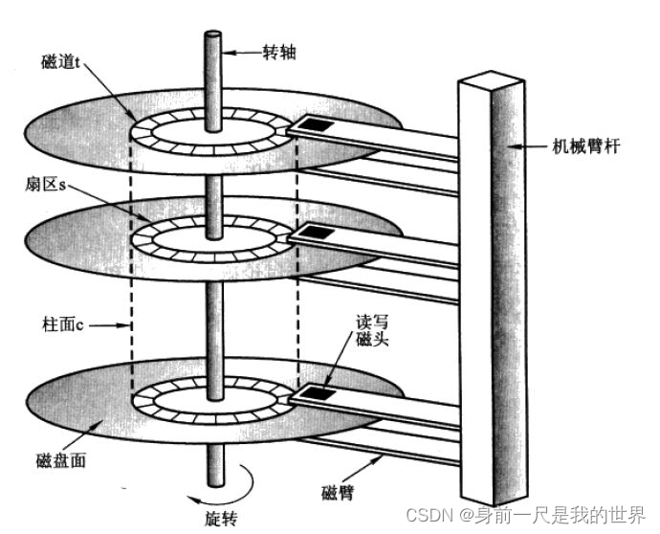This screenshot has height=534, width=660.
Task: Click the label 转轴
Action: [x=279, y=52]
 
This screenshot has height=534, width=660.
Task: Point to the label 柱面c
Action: [x=63, y=325]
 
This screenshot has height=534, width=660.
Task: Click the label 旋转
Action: [x=221, y=518]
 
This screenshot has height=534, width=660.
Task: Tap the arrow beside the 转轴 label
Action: [x=242, y=51]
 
